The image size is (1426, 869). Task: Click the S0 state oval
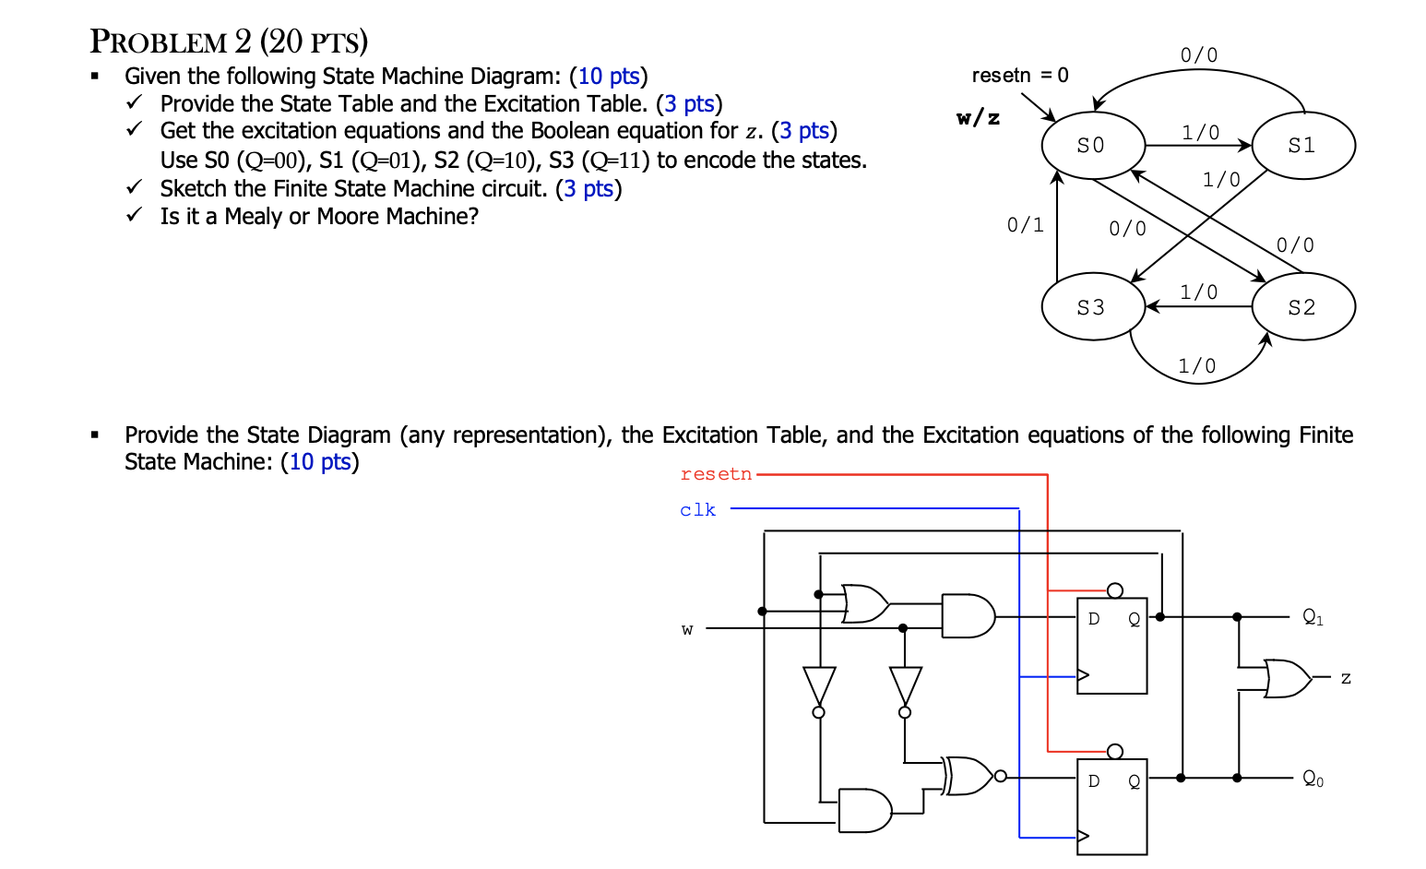pyautogui.click(x=1092, y=146)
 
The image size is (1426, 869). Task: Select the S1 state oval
pyautogui.click(x=1302, y=146)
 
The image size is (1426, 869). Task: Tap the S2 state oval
pyautogui.click(x=1302, y=307)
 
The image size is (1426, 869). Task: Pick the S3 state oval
pyautogui.click(x=1092, y=307)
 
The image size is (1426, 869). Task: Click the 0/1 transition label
pyautogui.click(x=1025, y=225)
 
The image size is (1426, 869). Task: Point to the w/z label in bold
pyautogui.click(x=978, y=117)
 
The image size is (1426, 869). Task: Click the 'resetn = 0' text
pyautogui.click(x=1019, y=76)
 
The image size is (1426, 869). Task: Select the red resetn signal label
pyautogui.click(x=716, y=474)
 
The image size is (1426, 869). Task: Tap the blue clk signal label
pyautogui.click(x=697, y=510)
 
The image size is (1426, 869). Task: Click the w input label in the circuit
pyautogui.click(x=687, y=630)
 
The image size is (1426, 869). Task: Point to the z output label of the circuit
pyautogui.click(x=1346, y=678)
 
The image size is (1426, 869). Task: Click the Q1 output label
pyautogui.click(x=1313, y=617)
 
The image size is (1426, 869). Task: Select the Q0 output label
pyautogui.click(x=1313, y=780)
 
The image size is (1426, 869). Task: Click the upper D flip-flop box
pyautogui.click(x=1112, y=646)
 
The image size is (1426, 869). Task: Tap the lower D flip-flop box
pyautogui.click(x=1112, y=806)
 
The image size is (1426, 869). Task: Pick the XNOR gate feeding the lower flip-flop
pyautogui.click(x=968, y=776)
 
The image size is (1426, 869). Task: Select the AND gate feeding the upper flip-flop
pyautogui.click(x=968, y=616)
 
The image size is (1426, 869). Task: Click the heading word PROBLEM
pyautogui.click(x=159, y=42)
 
